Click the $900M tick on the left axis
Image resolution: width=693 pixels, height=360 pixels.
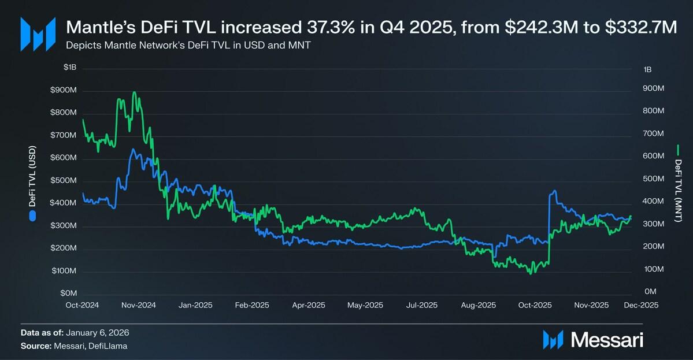64,91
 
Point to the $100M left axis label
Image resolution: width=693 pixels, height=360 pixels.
64,271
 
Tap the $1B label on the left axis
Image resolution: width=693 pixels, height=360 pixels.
69,68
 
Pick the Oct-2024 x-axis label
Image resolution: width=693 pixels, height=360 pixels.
83,305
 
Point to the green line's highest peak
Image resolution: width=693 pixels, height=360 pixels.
134,92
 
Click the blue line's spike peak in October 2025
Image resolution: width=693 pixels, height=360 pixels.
554,191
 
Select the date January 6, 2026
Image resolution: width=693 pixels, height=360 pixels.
98,333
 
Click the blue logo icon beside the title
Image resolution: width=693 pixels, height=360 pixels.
38,34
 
